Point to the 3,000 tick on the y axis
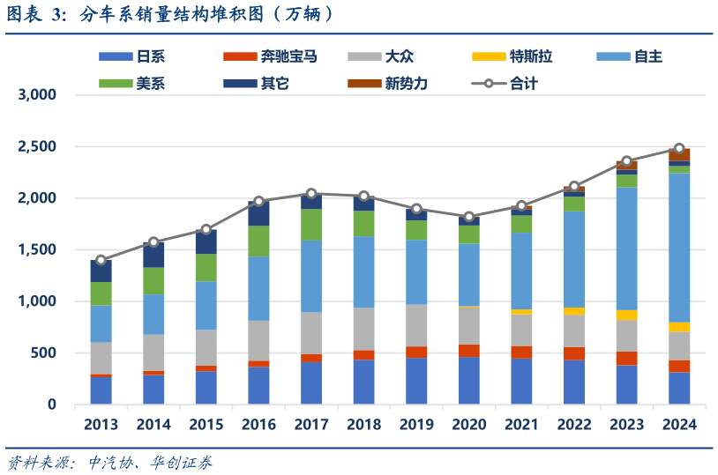click(x=38, y=95)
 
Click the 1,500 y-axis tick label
click(x=38, y=250)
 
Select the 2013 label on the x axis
click(x=101, y=425)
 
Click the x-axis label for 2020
click(x=468, y=425)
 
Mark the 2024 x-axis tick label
click(x=679, y=425)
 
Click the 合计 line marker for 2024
click(x=679, y=149)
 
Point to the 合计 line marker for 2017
click(x=311, y=193)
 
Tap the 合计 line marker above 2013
click(x=101, y=260)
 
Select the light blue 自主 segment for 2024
click(x=679, y=247)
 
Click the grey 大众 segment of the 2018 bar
click(x=363, y=329)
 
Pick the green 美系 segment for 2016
click(x=258, y=241)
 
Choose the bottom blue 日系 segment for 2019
click(x=416, y=381)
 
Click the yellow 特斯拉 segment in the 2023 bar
click(x=626, y=315)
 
